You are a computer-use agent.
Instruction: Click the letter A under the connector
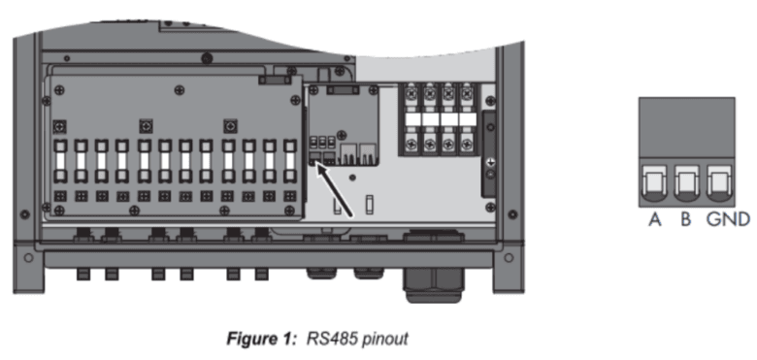[x=655, y=219]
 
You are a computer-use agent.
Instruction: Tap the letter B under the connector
[x=685, y=219]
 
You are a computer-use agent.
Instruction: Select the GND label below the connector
[x=728, y=219]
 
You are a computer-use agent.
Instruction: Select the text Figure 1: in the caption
[x=262, y=339]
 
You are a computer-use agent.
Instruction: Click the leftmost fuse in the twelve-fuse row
[x=60, y=162]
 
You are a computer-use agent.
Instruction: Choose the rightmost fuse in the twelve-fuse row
[x=289, y=162]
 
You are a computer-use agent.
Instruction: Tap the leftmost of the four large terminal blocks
[x=411, y=119]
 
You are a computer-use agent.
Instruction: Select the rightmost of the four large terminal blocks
[x=467, y=119]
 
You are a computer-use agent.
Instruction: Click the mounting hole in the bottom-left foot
[x=29, y=257]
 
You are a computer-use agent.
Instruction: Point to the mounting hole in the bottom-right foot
[x=509, y=257]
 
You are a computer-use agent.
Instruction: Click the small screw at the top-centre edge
[x=207, y=58]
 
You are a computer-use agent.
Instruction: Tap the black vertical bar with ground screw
[x=489, y=154]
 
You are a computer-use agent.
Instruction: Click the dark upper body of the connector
[x=686, y=127]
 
